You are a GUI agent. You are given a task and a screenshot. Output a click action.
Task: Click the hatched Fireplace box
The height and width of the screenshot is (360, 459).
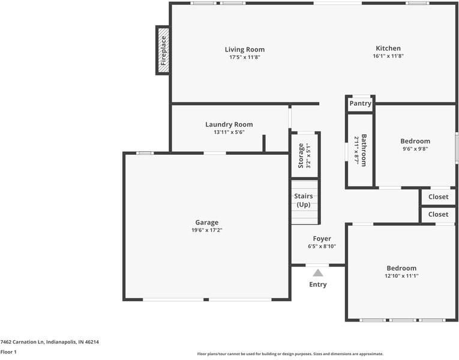163,50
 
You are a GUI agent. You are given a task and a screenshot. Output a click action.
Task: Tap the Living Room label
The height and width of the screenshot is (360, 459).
245,49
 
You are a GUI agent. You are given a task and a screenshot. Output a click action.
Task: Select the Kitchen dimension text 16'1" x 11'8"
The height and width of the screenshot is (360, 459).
388,56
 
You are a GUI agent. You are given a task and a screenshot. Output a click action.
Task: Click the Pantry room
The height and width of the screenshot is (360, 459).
361,104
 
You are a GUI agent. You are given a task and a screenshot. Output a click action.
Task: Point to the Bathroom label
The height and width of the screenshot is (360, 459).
364,150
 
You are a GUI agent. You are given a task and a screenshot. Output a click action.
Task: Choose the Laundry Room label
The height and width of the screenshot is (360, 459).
229,124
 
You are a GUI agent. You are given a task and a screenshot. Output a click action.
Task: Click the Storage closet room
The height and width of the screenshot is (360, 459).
305,155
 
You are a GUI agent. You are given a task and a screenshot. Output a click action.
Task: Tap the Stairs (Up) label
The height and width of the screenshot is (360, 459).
304,200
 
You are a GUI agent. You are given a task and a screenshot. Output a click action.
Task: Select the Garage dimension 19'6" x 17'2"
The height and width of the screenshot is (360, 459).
207,230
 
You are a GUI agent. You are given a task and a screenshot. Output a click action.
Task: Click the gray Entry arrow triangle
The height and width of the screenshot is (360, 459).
317,273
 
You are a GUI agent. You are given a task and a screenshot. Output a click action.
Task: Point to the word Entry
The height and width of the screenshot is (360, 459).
318,284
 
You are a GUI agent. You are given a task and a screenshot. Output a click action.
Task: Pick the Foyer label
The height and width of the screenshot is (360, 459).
322,239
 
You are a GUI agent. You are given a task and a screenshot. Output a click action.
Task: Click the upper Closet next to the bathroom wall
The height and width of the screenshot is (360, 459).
438,197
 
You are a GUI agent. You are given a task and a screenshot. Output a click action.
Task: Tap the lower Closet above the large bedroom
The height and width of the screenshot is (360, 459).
438,214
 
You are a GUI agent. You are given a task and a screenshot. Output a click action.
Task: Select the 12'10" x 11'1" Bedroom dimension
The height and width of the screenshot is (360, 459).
401,276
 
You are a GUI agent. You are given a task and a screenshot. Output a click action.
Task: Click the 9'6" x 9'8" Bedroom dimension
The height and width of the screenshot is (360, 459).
415,149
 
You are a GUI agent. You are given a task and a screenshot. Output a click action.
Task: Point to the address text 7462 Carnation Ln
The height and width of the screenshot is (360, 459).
22,342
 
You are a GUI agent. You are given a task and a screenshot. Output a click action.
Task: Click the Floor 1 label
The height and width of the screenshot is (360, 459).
8,352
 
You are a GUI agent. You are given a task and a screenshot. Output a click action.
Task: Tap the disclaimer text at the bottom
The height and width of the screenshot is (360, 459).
290,354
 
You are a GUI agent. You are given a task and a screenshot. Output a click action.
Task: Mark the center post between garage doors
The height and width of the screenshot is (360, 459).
206,300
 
